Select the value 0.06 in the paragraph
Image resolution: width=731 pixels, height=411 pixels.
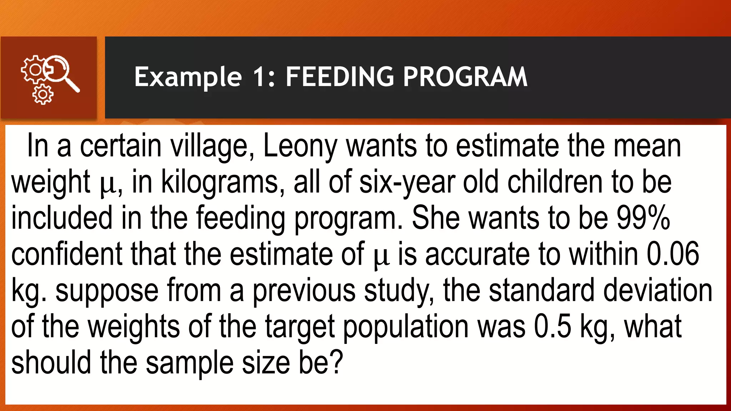click(x=673, y=254)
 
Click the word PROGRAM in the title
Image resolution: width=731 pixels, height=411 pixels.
click(x=465, y=77)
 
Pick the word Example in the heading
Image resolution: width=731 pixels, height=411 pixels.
click(x=188, y=77)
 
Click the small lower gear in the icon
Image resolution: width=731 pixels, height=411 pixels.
click(x=43, y=95)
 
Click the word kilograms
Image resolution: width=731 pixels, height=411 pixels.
click(x=220, y=182)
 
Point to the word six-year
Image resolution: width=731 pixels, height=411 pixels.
click(x=407, y=182)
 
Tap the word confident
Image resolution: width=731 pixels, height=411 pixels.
click(x=67, y=254)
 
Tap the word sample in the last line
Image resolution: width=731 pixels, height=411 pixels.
click(x=190, y=363)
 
